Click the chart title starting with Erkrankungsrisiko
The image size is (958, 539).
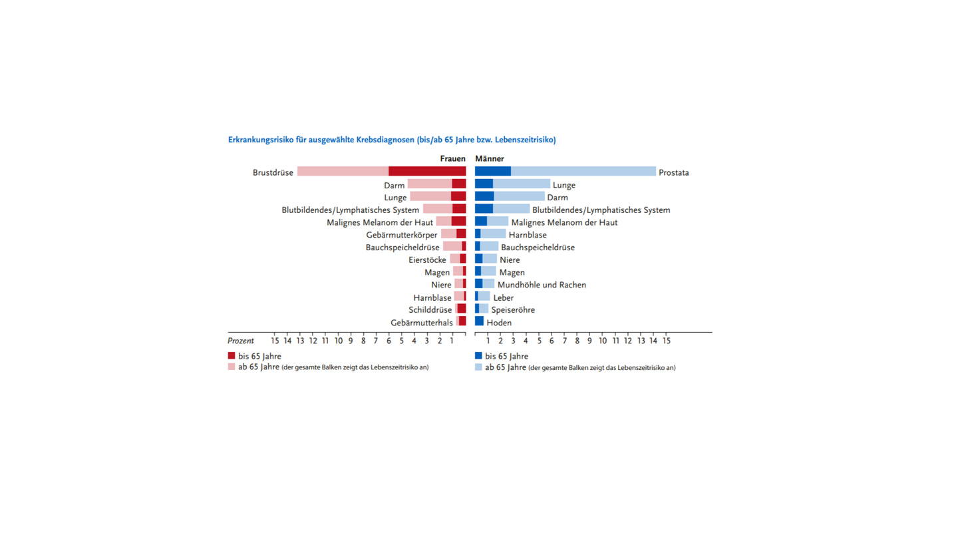392,140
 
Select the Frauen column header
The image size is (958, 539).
452,159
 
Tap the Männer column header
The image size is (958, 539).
490,159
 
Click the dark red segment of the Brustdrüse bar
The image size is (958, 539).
427,172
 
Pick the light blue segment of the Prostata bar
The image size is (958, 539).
583,172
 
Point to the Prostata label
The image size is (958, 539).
673,173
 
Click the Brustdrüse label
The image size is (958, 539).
273,173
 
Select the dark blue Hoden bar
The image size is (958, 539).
479,321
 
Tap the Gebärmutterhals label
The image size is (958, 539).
421,323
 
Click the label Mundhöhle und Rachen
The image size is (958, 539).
542,285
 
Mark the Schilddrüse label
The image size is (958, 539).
430,310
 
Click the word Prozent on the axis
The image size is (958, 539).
241,341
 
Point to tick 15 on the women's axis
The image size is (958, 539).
275,341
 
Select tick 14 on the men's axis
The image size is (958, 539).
653,341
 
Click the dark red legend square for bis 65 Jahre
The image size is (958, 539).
232,356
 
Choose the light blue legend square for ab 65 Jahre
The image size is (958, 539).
478,367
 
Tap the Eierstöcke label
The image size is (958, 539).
427,260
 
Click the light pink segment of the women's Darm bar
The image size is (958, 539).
430,184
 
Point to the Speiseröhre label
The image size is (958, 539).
512,310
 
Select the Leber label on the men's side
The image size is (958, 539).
503,297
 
